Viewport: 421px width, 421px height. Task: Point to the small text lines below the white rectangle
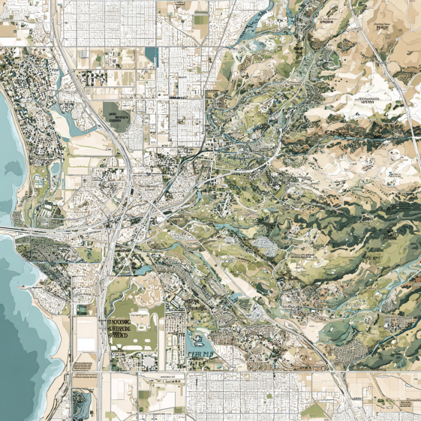pyautogui.click(x=84, y=365)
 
